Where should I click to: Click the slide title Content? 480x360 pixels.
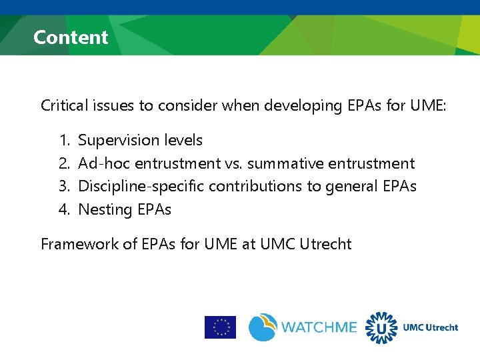pyautogui.click(x=71, y=37)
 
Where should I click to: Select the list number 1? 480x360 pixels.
pyautogui.click(x=64, y=141)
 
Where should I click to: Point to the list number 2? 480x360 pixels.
pyautogui.click(x=64, y=164)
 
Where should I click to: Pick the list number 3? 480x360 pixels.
pyautogui.click(x=64, y=187)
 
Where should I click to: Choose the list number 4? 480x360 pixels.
pyautogui.click(x=64, y=210)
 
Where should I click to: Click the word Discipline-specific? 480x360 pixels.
pyautogui.click(x=141, y=187)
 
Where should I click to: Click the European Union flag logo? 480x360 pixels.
pyautogui.click(x=220, y=327)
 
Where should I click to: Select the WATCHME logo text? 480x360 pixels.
pyautogui.click(x=319, y=328)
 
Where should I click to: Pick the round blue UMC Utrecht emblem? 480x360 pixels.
pyautogui.click(x=381, y=327)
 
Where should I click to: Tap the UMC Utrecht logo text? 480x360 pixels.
pyautogui.click(x=431, y=327)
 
